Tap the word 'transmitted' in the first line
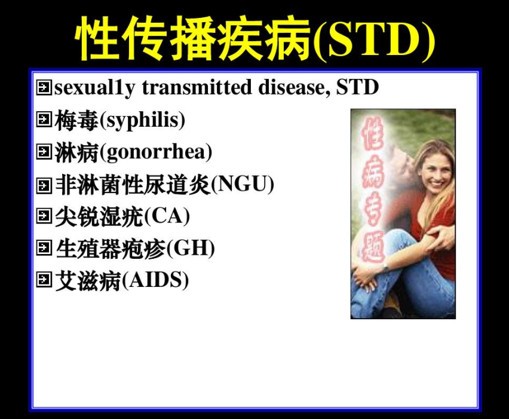(197, 87)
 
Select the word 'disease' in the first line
(294, 87)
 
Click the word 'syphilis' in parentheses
(143, 121)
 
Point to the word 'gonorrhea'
(156, 152)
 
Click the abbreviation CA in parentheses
(167, 215)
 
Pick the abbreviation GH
(191, 247)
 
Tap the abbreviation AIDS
(155, 280)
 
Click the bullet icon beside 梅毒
(44, 119)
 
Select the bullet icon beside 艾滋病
(44, 279)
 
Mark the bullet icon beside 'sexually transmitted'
(44, 87)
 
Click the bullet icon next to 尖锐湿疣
(44, 215)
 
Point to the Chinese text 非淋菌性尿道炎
(133, 184)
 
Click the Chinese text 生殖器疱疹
(111, 249)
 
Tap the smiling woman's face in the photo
(436, 173)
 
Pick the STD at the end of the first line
(357, 87)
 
